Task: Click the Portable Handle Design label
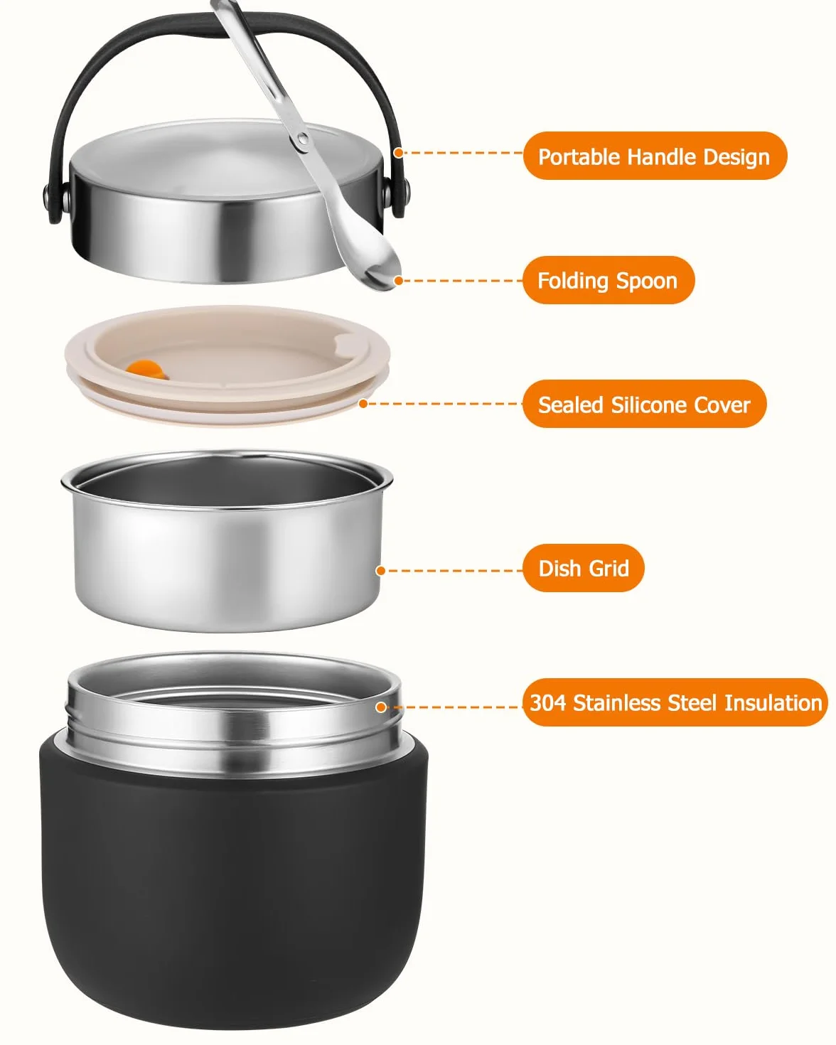(654, 156)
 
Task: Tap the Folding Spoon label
(609, 280)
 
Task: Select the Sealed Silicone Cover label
(644, 404)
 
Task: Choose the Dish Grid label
(584, 568)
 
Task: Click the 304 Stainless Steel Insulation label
(675, 702)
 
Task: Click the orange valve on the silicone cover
(145, 368)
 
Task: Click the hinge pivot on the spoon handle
(302, 140)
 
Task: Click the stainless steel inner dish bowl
(227, 540)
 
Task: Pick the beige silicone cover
(227, 365)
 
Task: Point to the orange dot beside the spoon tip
(398, 281)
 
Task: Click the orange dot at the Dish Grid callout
(381, 571)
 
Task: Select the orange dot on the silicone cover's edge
(363, 404)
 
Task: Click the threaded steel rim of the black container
(234, 714)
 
